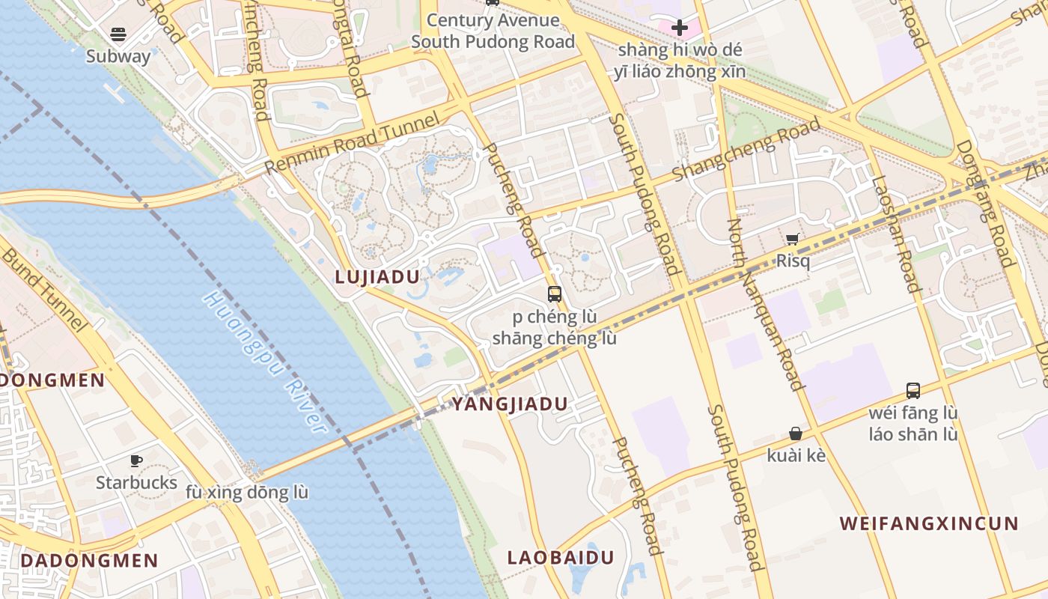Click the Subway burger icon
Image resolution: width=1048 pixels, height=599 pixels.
118,34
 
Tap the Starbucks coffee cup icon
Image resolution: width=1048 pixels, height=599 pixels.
136,460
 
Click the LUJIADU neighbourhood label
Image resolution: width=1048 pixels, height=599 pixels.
377,277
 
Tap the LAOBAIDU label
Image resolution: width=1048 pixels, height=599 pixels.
561,558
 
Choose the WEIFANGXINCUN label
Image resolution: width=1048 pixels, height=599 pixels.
929,523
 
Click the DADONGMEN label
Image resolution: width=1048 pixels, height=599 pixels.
89,561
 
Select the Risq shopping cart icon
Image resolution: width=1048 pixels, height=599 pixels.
792,239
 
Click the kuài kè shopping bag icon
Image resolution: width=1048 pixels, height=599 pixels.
796,434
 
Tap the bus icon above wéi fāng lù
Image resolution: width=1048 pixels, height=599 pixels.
913,390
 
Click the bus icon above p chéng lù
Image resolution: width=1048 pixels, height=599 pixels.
554,294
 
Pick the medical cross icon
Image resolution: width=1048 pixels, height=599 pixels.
680,28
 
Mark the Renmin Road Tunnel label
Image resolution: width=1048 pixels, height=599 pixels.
352,143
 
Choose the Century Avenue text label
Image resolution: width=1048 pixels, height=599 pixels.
493,20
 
